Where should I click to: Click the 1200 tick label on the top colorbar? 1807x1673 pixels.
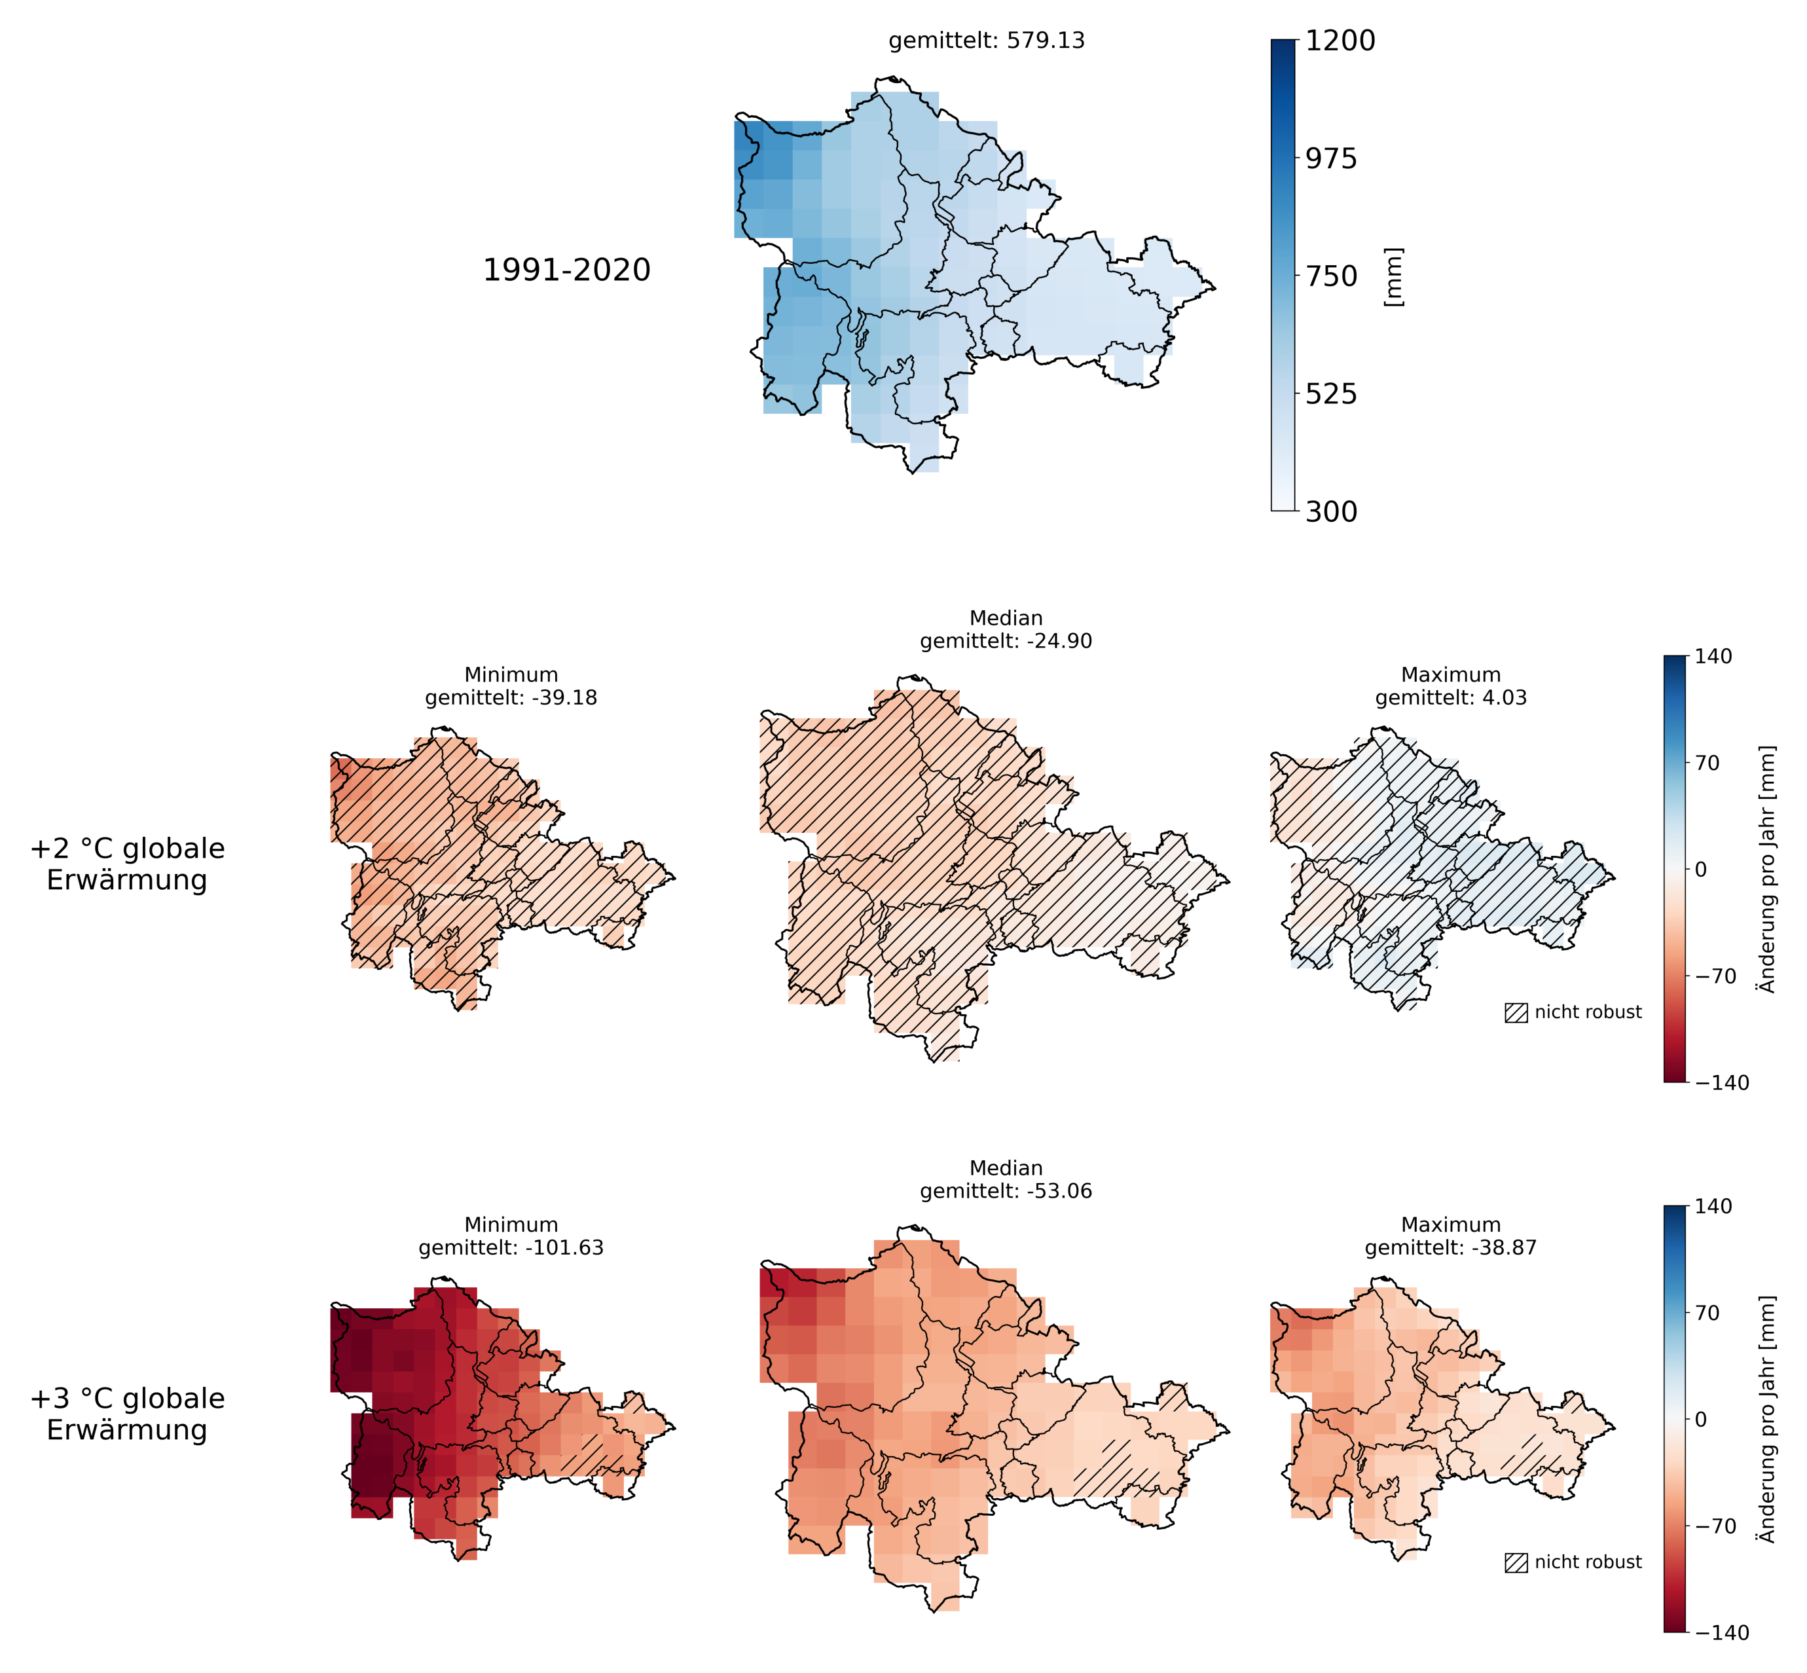[1339, 41]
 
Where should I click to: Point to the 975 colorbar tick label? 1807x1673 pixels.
[1331, 158]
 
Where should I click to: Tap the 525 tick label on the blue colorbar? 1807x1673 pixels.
[1331, 394]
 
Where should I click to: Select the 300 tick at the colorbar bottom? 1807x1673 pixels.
[1331, 511]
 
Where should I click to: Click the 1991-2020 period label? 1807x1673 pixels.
[567, 270]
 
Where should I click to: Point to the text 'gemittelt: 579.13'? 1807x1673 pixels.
[987, 41]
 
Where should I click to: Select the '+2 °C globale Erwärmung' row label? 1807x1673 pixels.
[128, 864]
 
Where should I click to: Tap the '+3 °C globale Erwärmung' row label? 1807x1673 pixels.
[128, 1414]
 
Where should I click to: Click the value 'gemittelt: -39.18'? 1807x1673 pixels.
[511, 698]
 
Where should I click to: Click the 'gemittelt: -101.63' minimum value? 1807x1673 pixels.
[511, 1247]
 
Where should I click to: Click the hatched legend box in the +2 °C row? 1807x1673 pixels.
[1516, 1013]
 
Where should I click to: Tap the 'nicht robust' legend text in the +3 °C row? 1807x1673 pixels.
[1588, 1562]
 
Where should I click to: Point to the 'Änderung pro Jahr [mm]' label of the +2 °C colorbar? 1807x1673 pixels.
[1766, 869]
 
